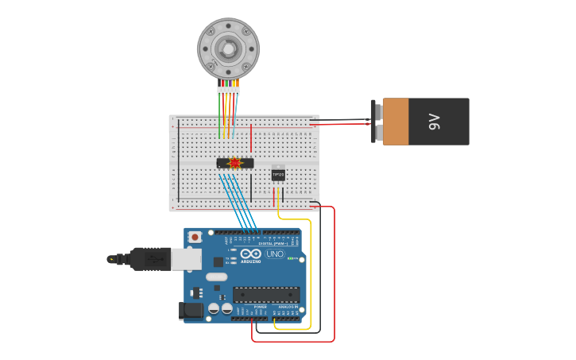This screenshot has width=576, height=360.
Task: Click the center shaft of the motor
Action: tap(228, 49)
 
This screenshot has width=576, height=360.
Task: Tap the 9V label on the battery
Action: tap(435, 122)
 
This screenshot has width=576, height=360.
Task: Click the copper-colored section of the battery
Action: tap(396, 122)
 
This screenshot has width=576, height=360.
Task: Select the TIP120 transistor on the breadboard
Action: tap(278, 174)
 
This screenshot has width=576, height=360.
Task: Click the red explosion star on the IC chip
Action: tap(234, 163)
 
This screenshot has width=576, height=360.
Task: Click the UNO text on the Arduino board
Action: tap(275, 254)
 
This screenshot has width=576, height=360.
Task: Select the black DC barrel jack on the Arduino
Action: tap(191, 310)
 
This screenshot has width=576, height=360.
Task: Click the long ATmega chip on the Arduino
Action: tap(265, 294)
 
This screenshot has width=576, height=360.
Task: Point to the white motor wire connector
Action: tap(228, 91)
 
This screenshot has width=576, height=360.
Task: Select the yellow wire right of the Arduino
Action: tap(310, 270)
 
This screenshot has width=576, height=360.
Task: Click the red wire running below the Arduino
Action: tap(294, 342)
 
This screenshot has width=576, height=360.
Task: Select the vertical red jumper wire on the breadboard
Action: tap(251, 137)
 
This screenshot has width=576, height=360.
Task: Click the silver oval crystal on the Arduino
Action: tap(216, 277)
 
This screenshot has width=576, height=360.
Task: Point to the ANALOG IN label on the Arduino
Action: tap(288, 306)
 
